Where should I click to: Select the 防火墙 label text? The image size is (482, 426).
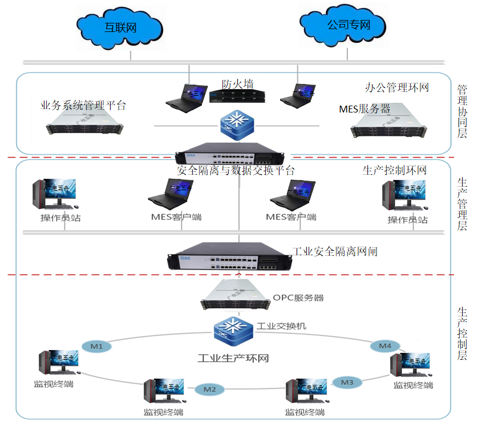pyautogui.click(x=237, y=84)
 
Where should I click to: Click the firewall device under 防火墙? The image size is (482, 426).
pyautogui.click(x=237, y=97)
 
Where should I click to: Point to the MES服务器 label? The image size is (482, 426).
pyautogui.click(x=364, y=108)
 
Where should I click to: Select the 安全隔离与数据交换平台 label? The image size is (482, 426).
pyautogui.click(x=236, y=170)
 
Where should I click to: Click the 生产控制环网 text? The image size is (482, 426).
pyautogui.click(x=394, y=170)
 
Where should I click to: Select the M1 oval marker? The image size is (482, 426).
pyautogui.click(x=96, y=347)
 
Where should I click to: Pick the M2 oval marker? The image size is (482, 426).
pyautogui.click(x=209, y=389)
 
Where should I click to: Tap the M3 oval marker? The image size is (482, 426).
pyautogui.click(x=347, y=382)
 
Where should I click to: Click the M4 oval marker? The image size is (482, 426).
pyautogui.click(x=385, y=345)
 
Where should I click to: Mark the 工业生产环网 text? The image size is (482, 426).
pyautogui.click(x=233, y=359)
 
